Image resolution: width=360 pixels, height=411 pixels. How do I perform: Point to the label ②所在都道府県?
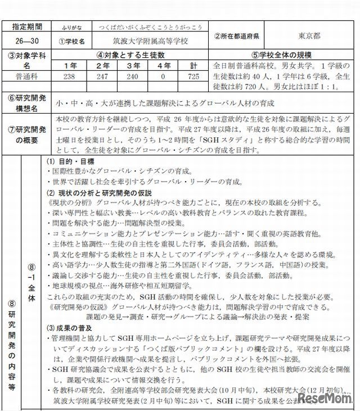[236, 36]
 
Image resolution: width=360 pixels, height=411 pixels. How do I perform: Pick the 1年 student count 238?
[70, 75]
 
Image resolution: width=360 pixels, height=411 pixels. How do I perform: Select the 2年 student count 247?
[103, 75]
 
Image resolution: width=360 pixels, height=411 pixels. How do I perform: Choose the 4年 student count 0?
[164, 75]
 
